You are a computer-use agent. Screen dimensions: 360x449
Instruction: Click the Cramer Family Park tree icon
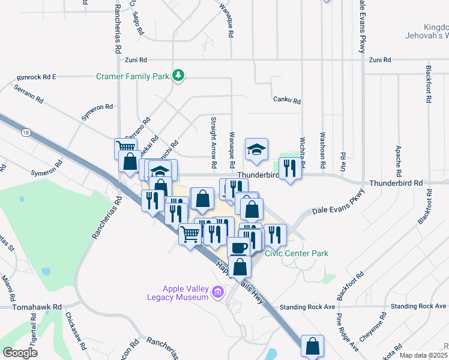pos(178,76)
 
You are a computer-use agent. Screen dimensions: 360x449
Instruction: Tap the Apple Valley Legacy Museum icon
pos(218,293)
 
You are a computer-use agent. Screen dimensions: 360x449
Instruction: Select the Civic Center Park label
pos(297,253)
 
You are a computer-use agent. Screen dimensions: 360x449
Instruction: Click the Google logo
pos(20,353)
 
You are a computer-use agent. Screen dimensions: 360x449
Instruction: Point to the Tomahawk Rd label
pos(37,307)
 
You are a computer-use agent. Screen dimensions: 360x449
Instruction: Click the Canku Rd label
pos(286,100)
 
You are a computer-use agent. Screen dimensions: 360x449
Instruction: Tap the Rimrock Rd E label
pos(37,77)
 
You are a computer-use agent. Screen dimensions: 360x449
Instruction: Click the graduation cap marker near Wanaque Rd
pos(256,150)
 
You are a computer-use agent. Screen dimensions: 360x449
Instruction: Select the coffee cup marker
pos(238,247)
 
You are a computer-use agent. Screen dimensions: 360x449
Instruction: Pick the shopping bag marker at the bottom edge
pos(312,346)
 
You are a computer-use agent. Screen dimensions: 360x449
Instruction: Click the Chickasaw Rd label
pos(76,331)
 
